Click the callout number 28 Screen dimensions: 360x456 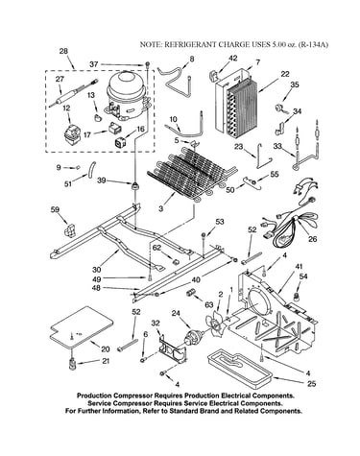(x=63, y=51)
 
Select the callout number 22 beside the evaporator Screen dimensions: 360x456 (x=285, y=74)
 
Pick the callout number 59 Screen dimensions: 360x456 (x=55, y=209)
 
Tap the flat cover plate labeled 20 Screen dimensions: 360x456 (x=81, y=327)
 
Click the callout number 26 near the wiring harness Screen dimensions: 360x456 (x=312, y=239)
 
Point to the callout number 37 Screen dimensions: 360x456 (x=94, y=64)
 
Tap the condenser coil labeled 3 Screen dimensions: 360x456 (x=192, y=173)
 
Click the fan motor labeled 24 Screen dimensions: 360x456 (x=193, y=338)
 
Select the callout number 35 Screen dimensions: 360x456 (x=295, y=84)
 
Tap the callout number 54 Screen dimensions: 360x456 (x=303, y=276)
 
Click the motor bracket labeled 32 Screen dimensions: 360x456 (x=172, y=348)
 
